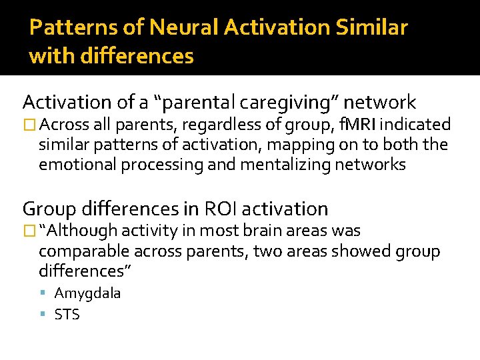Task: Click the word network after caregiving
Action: (x=381, y=103)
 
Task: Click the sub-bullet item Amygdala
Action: (x=87, y=293)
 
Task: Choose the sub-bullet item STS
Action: (x=67, y=315)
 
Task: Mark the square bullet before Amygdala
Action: (x=43, y=294)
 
